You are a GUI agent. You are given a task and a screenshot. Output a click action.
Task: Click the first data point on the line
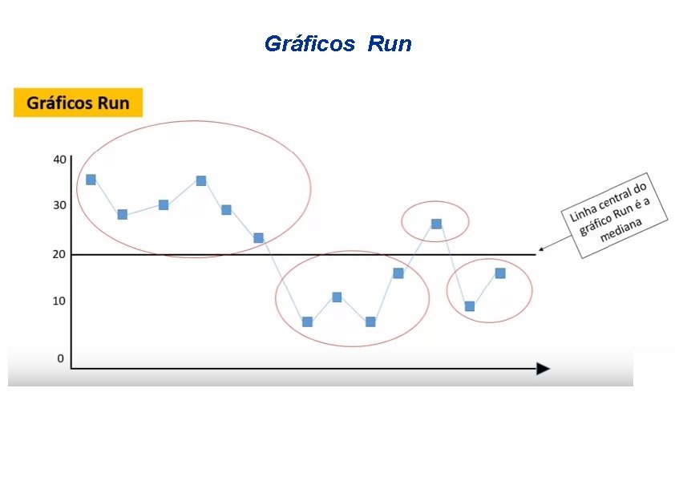91,180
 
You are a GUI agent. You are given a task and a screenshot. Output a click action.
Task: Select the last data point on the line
500,273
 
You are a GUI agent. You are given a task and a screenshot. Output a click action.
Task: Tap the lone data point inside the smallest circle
436,224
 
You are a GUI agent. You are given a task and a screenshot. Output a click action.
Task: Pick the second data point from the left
122,214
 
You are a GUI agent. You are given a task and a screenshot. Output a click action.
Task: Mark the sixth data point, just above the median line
258,238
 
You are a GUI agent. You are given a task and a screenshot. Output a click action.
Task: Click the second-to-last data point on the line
470,306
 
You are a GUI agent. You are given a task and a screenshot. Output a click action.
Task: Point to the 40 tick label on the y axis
60,159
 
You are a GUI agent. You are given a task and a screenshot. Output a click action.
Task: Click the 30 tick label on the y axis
60,205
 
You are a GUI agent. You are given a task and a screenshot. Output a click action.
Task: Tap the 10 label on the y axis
60,301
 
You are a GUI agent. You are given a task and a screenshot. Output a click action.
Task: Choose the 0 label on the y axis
60,358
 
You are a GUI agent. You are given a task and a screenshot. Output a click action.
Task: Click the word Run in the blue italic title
390,44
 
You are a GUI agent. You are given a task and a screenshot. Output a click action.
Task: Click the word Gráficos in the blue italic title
309,44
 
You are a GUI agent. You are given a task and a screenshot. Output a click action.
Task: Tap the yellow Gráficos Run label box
78,103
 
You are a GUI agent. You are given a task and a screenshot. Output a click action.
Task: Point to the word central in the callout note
616,196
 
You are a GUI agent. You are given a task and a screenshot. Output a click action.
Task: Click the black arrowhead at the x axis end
543,369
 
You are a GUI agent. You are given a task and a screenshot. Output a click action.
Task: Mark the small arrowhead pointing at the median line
542,249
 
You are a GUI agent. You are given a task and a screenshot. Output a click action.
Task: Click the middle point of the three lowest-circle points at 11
337,297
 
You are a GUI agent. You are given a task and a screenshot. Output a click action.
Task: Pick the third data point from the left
164,205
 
